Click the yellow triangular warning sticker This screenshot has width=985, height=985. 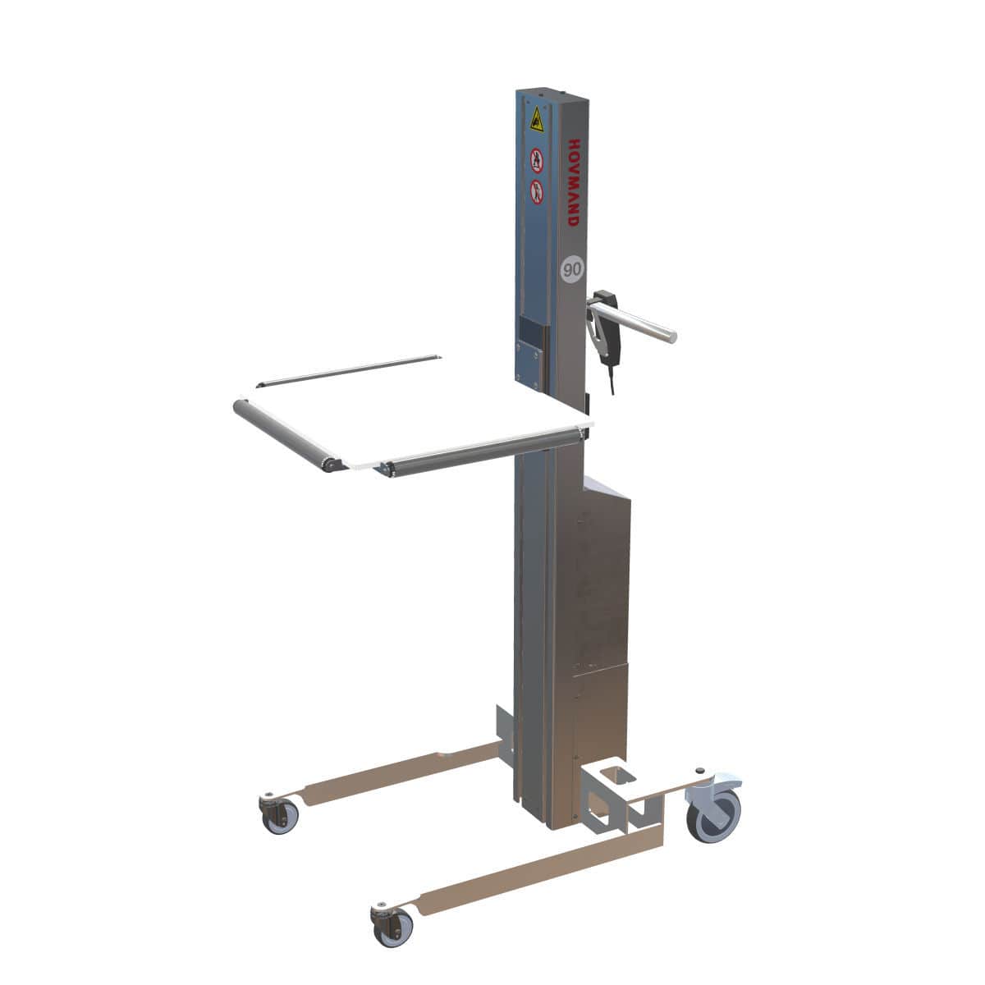(x=537, y=120)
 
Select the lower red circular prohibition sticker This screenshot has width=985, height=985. (x=537, y=190)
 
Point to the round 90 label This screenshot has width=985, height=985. (x=571, y=268)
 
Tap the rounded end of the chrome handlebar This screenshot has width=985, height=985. (x=671, y=336)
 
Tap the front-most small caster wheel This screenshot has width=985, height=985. (x=392, y=927)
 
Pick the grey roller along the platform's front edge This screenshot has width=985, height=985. (x=484, y=450)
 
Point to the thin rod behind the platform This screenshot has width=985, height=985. (x=349, y=371)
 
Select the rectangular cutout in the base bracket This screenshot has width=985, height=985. (x=612, y=775)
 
